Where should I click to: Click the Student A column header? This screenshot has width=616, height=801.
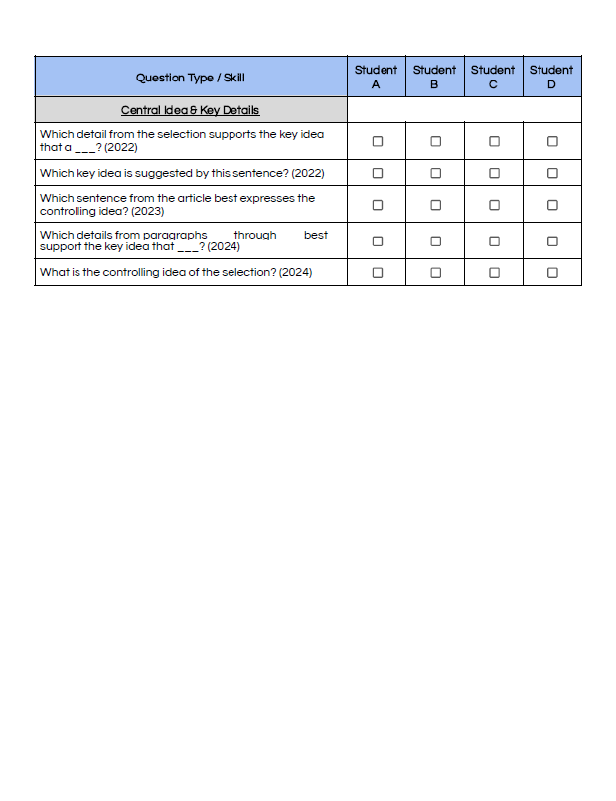point(376,77)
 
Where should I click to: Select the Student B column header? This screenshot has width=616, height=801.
point(434,77)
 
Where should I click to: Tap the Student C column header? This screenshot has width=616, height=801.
point(493,77)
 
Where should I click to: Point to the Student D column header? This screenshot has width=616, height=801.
point(551,77)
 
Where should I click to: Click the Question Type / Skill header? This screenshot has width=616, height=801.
point(190,78)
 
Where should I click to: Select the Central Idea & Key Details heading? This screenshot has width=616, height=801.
point(190,110)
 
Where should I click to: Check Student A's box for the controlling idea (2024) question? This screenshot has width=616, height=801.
point(378,272)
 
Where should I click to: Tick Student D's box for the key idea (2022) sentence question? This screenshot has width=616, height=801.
point(552,172)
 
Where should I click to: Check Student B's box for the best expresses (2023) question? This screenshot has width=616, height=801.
point(435,205)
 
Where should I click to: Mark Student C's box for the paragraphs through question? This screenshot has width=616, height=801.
point(494,240)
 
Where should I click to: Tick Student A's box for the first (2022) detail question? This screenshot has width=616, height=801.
point(378,141)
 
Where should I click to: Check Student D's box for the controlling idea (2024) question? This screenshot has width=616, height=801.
point(552,272)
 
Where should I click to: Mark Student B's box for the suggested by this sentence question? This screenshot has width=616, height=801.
point(435,172)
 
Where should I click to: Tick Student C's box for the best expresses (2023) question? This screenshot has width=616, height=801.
point(494,205)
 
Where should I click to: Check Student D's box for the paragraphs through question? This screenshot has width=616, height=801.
point(552,240)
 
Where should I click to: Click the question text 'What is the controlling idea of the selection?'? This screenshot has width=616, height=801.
point(175,272)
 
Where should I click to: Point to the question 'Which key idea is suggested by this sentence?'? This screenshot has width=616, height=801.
point(181,173)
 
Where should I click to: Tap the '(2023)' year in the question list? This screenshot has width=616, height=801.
point(147,211)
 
